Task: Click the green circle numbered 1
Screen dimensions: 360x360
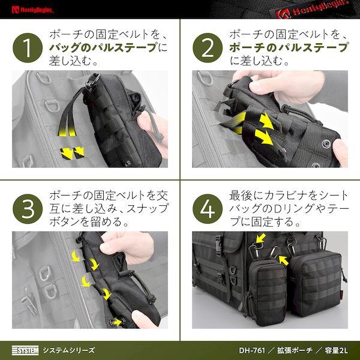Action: (x=28, y=48)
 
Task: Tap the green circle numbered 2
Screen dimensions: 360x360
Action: (x=208, y=48)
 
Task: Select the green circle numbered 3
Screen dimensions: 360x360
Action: (x=28, y=209)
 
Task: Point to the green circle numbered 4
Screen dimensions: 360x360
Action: (x=208, y=209)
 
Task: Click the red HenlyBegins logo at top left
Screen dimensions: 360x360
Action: (x=32, y=10)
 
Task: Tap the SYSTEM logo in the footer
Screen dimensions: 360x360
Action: (x=25, y=350)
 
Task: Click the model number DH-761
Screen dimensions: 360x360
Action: (x=252, y=350)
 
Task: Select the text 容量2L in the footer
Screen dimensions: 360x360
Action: (x=336, y=350)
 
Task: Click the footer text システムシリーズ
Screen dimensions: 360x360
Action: (x=69, y=350)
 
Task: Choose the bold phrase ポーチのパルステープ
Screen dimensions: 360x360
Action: (x=289, y=48)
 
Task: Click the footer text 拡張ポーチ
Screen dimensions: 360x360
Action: (x=295, y=350)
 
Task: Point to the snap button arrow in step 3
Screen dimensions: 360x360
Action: (x=117, y=322)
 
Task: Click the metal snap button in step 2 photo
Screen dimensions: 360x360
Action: (x=326, y=144)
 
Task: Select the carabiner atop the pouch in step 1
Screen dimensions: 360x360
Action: (x=94, y=80)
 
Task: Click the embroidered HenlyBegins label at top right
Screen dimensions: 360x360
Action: (x=313, y=9)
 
